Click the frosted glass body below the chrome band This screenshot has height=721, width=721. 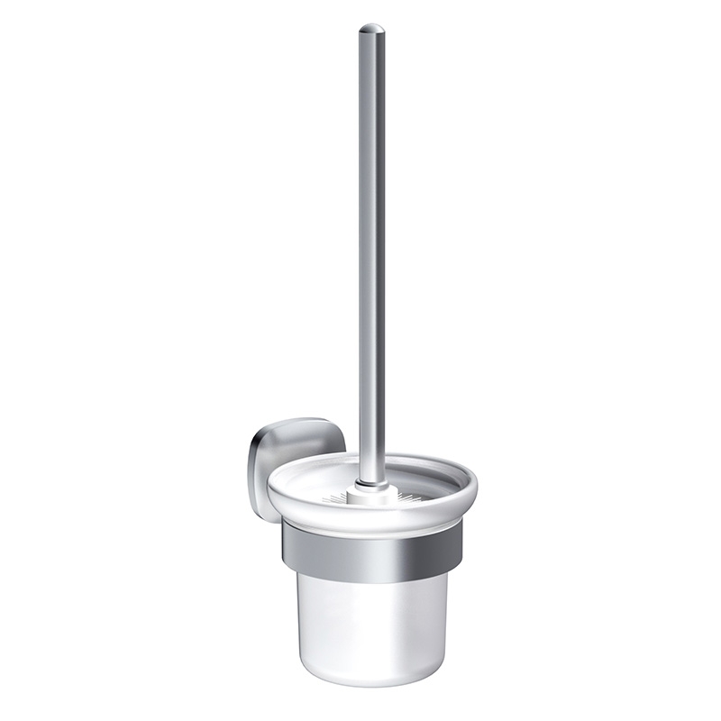[x=372, y=622]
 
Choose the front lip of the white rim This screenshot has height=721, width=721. [x=372, y=516]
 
